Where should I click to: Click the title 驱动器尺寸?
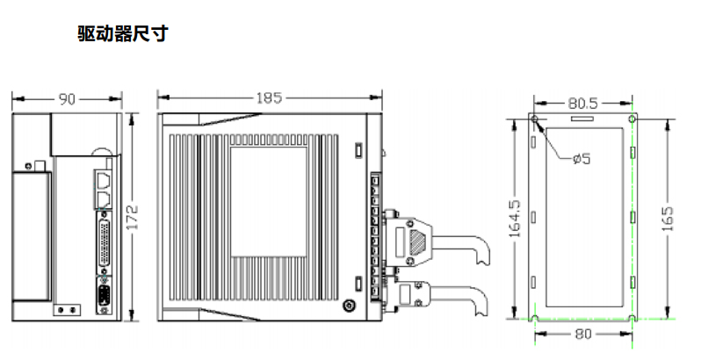coord(122,34)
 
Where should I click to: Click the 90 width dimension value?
coord(67,99)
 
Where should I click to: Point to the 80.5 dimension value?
coord(582,104)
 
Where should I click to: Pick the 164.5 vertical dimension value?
coord(515,219)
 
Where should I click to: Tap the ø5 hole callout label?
coord(581,159)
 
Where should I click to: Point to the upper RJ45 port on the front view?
coord(103,180)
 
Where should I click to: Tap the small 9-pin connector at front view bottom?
coord(103,296)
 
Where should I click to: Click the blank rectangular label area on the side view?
coord(269,201)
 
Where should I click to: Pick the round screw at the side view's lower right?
coord(350,306)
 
